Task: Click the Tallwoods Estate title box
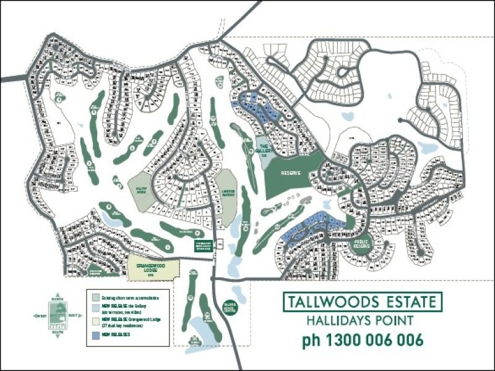pyautogui.click(x=363, y=303)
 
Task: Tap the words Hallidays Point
pyautogui.click(x=363, y=321)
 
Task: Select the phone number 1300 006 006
pyautogui.click(x=363, y=340)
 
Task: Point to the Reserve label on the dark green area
pyautogui.click(x=290, y=173)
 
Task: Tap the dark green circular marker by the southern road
pyautogui.click(x=229, y=307)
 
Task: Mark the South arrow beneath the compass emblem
pyautogui.click(x=58, y=332)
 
